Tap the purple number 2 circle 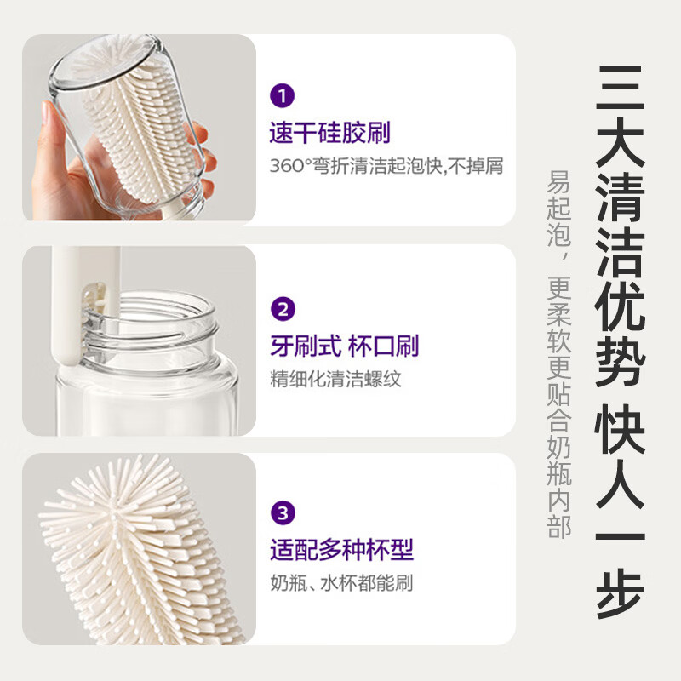pos(282,307)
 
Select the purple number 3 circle pos(282,513)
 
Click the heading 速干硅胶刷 pos(330,132)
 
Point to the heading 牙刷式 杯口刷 pos(344,346)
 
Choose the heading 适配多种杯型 pos(341,550)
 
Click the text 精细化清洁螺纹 pos(335,379)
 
